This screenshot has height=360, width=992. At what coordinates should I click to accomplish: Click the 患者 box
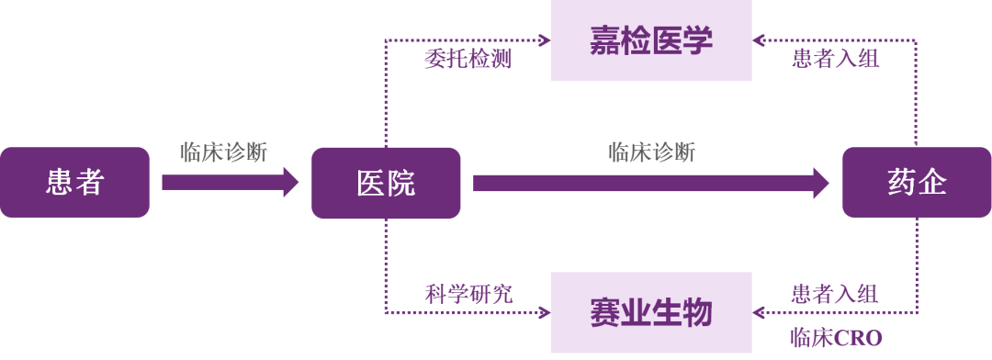point(74,182)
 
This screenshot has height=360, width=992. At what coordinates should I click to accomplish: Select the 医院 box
point(386,182)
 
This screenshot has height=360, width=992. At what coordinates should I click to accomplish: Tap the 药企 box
point(917,182)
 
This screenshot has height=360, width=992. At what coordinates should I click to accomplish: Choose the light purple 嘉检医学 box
point(651,40)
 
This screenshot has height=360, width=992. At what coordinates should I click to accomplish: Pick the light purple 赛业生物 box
point(651,312)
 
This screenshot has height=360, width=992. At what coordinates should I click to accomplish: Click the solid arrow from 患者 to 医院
point(230,182)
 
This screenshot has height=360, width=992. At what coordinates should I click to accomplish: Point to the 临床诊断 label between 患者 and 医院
point(224,152)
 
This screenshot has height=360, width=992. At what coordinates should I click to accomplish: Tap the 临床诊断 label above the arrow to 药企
point(651,152)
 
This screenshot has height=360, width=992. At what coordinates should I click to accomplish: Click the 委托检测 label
point(468,60)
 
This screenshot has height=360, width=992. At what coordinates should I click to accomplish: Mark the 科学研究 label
point(468,294)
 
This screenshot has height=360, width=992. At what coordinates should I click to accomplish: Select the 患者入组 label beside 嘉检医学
point(835,60)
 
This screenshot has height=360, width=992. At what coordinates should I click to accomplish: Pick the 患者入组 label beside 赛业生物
point(835,294)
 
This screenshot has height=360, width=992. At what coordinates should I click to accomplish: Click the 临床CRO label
point(835,338)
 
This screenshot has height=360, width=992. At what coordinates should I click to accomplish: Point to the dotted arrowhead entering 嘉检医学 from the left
point(545,40)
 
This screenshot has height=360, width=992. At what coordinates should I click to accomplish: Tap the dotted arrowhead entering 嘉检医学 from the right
point(759,40)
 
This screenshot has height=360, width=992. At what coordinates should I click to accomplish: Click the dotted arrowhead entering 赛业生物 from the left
point(545,312)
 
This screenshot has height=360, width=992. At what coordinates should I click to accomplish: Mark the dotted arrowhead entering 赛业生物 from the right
point(759,312)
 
